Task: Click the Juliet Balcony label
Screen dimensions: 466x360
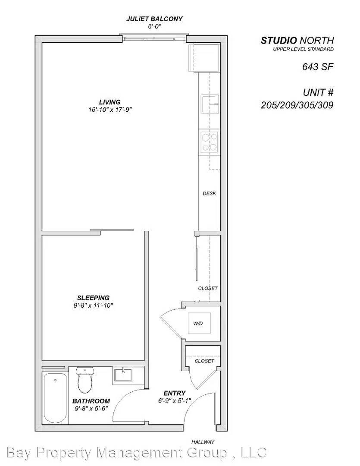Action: (x=154, y=19)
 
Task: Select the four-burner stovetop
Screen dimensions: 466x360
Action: (x=209, y=142)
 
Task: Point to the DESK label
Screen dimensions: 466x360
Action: (x=209, y=193)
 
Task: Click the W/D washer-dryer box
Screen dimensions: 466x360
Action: (x=199, y=323)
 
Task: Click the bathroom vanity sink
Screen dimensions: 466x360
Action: (x=125, y=374)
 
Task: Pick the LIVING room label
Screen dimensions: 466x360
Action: (x=110, y=102)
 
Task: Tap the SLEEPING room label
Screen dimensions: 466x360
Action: (x=93, y=298)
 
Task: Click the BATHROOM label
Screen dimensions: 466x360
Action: (x=91, y=401)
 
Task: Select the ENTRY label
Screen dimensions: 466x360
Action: (x=174, y=393)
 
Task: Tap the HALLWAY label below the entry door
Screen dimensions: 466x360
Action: (x=203, y=442)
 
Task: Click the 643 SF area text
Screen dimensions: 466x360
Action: (x=317, y=67)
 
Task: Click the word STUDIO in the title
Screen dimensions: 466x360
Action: (x=279, y=41)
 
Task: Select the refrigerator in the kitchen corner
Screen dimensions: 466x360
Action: (x=204, y=57)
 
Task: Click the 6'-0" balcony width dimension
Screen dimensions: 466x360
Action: (x=154, y=26)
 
